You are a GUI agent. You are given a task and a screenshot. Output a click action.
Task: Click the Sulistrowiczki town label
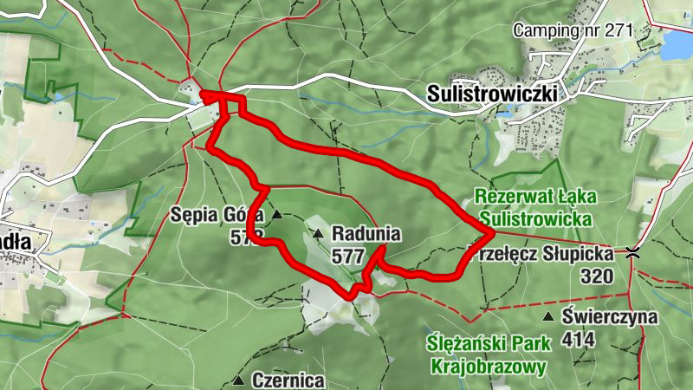point(492,93)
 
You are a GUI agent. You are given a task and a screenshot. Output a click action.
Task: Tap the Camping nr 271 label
point(573,30)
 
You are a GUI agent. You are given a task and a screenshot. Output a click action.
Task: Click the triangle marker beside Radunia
point(318,234)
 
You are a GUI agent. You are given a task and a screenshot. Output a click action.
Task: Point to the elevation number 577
point(346,256)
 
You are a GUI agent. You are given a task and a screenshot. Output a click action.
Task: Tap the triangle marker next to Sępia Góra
point(277,214)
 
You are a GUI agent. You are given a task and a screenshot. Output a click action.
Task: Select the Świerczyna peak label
point(610,317)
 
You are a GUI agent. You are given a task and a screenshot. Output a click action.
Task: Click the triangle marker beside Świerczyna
point(549,317)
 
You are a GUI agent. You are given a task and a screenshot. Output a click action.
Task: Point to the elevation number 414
point(578,339)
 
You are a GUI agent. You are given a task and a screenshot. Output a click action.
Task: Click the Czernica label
point(288,380)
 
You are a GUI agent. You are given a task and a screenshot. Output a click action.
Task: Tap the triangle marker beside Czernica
point(238,380)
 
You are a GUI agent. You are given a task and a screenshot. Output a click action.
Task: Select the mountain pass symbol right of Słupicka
point(634,254)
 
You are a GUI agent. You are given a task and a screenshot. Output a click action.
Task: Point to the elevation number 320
point(597,276)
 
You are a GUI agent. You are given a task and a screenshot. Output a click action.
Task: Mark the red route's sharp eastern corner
point(491,233)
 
